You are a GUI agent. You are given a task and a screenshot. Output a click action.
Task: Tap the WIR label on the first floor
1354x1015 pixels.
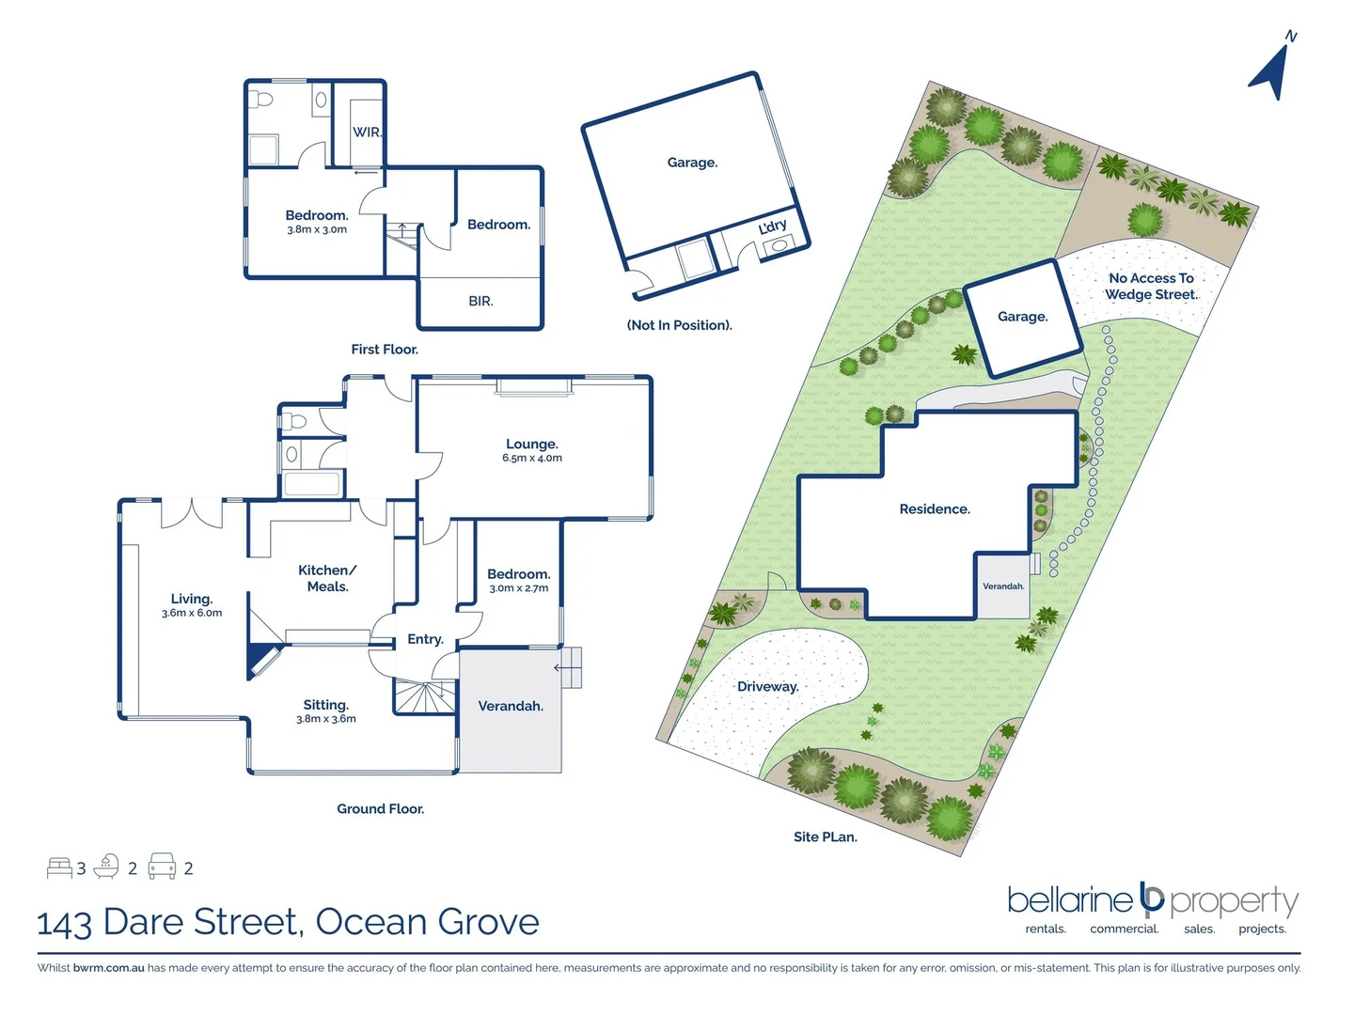click(367, 133)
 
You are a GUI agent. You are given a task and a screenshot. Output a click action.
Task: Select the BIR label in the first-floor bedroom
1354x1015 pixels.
click(480, 302)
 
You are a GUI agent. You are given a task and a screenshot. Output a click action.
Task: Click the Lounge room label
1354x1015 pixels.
click(532, 445)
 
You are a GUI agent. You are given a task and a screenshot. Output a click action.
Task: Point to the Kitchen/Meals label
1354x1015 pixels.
click(327, 578)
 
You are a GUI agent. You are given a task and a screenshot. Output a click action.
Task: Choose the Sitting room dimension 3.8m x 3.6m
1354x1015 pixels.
click(326, 719)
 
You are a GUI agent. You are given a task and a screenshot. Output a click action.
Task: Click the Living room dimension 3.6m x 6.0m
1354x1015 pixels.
click(192, 613)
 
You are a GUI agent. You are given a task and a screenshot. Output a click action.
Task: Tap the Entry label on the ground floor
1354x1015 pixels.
click(425, 639)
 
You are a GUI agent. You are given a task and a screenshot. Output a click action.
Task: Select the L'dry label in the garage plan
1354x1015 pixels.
click(773, 226)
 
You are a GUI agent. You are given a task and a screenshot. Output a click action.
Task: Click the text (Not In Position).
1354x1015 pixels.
click(679, 325)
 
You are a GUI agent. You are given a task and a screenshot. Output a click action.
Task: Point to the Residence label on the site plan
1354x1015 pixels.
click(935, 509)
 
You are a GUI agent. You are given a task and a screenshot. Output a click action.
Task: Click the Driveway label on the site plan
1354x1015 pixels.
click(768, 687)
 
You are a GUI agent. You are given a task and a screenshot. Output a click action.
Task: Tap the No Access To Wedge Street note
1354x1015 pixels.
click(1151, 287)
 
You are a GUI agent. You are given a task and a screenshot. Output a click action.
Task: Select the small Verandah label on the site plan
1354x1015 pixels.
click(1003, 586)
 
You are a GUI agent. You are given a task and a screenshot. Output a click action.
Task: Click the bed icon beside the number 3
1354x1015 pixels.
click(59, 867)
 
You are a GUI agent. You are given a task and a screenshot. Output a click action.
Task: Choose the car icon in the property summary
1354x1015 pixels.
click(163, 867)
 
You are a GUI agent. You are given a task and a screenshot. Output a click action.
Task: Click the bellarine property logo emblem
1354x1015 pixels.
click(1152, 899)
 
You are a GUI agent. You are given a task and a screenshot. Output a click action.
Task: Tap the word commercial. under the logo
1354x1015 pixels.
click(1125, 929)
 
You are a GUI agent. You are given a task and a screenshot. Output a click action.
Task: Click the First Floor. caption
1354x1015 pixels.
click(385, 350)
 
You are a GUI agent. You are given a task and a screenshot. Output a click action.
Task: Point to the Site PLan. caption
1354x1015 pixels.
click(826, 837)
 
